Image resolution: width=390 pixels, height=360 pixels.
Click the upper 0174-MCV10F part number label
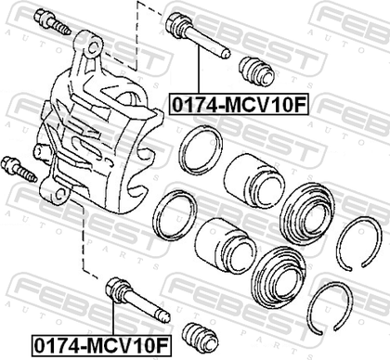click(x=239, y=105)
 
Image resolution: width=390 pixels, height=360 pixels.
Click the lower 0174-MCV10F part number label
click(x=102, y=345)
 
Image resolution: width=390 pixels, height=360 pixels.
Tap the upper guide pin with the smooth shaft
click(x=198, y=35)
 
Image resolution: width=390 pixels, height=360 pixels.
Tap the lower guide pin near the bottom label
click(x=137, y=300)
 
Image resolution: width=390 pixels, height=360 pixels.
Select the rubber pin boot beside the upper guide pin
click(x=256, y=71)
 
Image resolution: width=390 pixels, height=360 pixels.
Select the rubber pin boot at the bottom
click(x=201, y=338)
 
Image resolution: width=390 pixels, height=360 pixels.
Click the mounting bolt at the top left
click(x=52, y=22)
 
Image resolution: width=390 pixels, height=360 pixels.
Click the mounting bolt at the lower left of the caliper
click(x=19, y=170)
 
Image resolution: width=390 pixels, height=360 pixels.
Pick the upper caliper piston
click(x=254, y=182)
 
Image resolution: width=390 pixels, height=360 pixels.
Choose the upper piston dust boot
click(x=306, y=213)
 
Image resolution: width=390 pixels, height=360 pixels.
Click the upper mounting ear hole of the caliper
click(x=94, y=48)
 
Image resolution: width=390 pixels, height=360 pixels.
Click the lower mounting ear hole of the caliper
click(x=60, y=195)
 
